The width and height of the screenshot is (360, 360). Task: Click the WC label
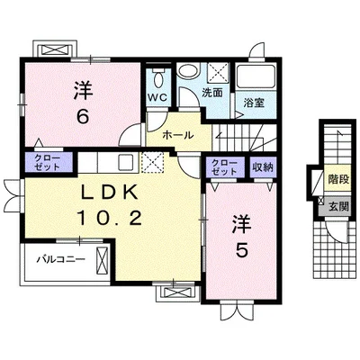pos(158,98)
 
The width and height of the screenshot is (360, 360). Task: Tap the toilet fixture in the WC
pos(157,77)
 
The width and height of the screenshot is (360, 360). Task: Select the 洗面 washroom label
pos(211,93)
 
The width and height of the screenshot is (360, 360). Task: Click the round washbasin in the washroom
pos(187,72)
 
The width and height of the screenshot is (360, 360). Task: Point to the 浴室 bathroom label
pos(254,103)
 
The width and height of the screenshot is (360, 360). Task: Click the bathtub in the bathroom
pos(256,76)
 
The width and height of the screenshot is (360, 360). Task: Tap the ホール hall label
pos(178,135)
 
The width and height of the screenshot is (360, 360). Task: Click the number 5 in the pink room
pos(241,250)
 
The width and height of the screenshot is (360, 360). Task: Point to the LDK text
pos(110,192)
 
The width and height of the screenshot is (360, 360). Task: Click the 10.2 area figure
pos(110,218)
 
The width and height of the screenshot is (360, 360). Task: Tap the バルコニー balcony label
pos(60,258)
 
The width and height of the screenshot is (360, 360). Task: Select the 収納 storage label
pos(264,167)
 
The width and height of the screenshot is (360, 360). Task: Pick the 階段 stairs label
pos(338,179)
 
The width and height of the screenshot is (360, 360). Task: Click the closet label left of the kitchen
pos(48,162)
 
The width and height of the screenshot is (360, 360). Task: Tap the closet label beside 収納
pos(225,167)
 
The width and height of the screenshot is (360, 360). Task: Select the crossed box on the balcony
pos(103,258)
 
